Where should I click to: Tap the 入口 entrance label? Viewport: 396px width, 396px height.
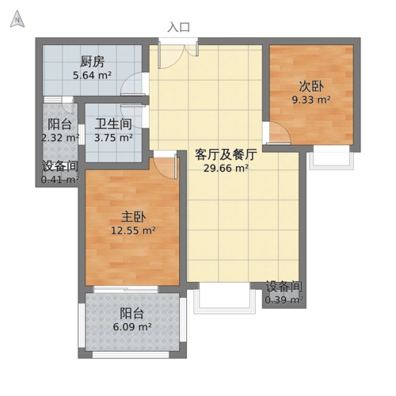click(x=179, y=26)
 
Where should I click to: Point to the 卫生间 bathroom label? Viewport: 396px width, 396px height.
click(x=113, y=124)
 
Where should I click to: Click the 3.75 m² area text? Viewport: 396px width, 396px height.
click(x=113, y=137)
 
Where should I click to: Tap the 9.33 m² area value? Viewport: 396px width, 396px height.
click(x=311, y=101)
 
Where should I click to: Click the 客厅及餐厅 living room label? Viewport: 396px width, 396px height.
click(x=227, y=154)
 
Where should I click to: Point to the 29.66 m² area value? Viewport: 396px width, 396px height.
click(x=227, y=168)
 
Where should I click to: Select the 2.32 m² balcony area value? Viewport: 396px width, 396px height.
click(x=60, y=138)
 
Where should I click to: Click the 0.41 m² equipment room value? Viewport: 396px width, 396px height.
click(x=60, y=180)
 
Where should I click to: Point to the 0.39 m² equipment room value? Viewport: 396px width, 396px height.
click(x=284, y=300)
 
